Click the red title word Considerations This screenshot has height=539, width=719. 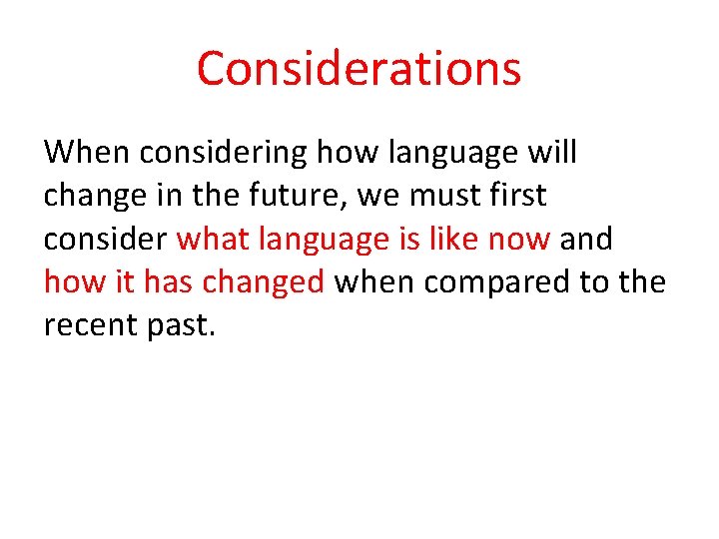pyautogui.click(x=359, y=69)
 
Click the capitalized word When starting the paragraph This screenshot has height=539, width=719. pyautogui.click(x=88, y=153)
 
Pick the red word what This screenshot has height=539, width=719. pyautogui.click(x=212, y=240)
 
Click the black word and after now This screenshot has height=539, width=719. pyautogui.click(x=586, y=240)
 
